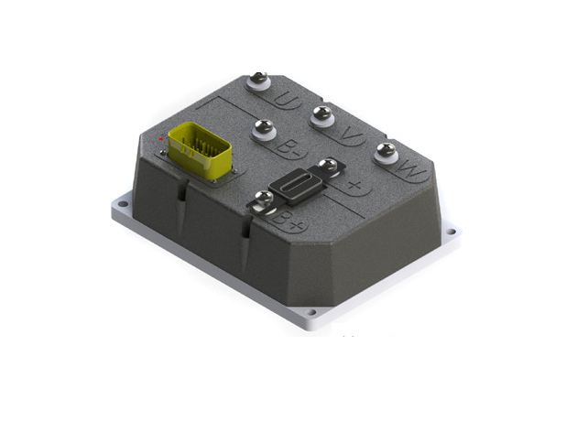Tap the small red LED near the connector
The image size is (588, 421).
click(161, 136)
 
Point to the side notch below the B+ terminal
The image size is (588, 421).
click(245, 229)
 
